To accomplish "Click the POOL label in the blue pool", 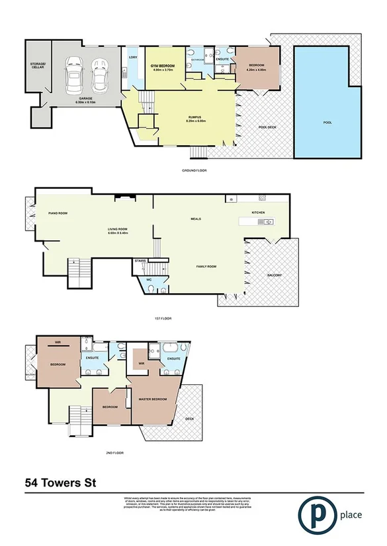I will click(x=327, y=123).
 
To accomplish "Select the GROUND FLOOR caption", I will click(x=194, y=170).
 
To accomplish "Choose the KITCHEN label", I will click(x=258, y=212).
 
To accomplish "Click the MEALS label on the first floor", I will click(x=196, y=219).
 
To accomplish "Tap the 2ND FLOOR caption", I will click(x=115, y=453).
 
